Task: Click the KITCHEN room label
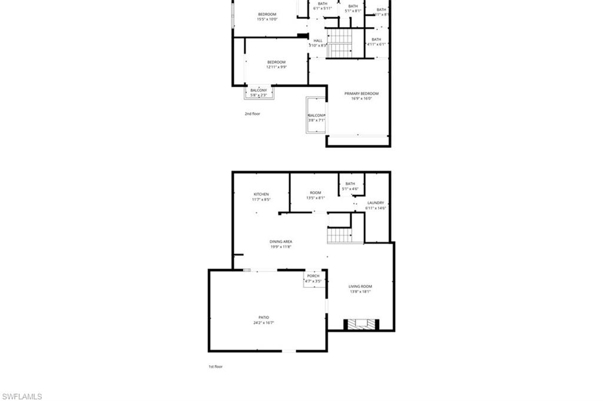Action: point(261,194)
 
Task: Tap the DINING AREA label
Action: point(281,241)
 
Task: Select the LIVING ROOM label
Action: point(360,287)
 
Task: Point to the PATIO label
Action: point(263,317)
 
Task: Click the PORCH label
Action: point(313,276)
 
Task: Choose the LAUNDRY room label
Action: point(375,203)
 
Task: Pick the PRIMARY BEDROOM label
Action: point(361,94)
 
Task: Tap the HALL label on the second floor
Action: point(318,41)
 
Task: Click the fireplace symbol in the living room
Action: point(361,324)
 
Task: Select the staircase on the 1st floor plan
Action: point(339,235)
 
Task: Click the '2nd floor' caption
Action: point(252,114)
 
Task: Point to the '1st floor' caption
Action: point(216,366)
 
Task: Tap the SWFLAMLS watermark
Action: point(22,396)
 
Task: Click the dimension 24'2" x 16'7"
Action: point(263,323)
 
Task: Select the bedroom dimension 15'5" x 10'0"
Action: point(267,19)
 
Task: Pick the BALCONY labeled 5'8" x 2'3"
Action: point(259,92)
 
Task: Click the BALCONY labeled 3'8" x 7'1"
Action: point(316,118)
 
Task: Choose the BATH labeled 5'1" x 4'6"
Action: point(350,186)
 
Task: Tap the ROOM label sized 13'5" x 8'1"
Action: point(316,195)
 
